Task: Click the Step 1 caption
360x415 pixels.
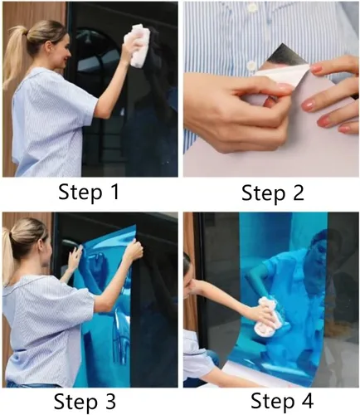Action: click(89, 192)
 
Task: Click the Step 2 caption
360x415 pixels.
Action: click(273, 193)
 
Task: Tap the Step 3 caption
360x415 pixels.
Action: click(85, 401)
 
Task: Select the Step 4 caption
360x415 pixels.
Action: click(282, 401)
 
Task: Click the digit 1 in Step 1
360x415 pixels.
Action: click(114, 192)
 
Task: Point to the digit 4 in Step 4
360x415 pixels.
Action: click(308, 400)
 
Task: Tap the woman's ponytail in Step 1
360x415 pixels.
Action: click(14, 56)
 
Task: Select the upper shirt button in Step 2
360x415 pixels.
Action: click(252, 7)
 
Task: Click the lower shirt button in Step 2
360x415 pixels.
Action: click(251, 66)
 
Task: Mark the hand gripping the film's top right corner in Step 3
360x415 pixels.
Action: click(134, 251)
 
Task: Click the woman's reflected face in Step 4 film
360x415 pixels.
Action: click(318, 251)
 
